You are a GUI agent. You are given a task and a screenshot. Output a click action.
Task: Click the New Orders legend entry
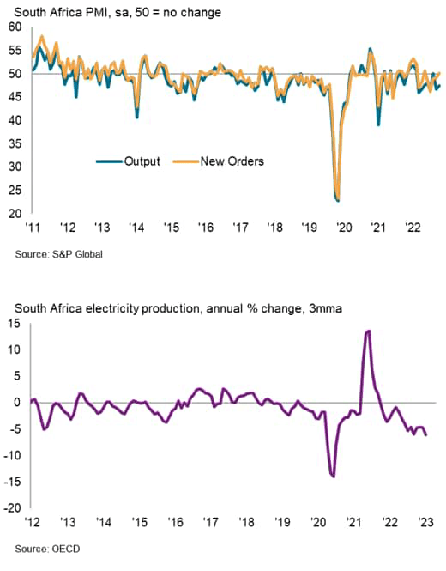(x=232, y=160)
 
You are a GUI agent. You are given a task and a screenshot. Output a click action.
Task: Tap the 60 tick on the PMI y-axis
(x=15, y=27)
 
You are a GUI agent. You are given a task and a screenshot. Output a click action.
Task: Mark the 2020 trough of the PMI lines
(x=337, y=200)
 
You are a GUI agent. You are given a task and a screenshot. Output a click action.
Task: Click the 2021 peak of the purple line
(x=368, y=331)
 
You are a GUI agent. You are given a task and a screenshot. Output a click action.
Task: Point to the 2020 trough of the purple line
(x=333, y=476)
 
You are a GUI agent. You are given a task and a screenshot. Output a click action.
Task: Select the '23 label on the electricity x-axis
(x=425, y=522)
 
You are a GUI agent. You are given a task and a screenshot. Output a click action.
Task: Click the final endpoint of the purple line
(x=426, y=435)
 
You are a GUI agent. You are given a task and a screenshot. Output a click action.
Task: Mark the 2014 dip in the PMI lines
(x=137, y=116)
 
